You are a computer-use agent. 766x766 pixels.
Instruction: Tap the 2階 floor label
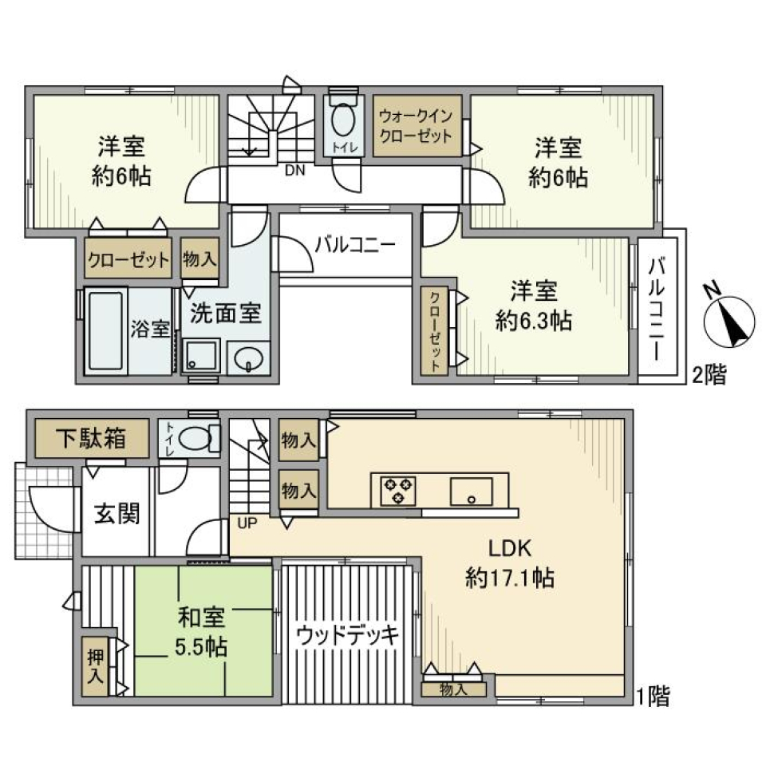(709, 376)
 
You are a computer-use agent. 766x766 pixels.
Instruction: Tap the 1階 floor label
(653, 697)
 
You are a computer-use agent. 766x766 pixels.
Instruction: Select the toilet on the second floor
(345, 124)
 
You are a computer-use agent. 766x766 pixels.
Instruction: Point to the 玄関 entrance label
(118, 514)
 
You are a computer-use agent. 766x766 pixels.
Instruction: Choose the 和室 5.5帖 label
(201, 631)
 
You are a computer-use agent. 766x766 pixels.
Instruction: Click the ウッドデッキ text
(346, 635)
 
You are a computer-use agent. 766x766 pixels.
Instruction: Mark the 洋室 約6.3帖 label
(533, 306)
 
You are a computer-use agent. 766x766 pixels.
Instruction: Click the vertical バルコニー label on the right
(658, 306)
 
